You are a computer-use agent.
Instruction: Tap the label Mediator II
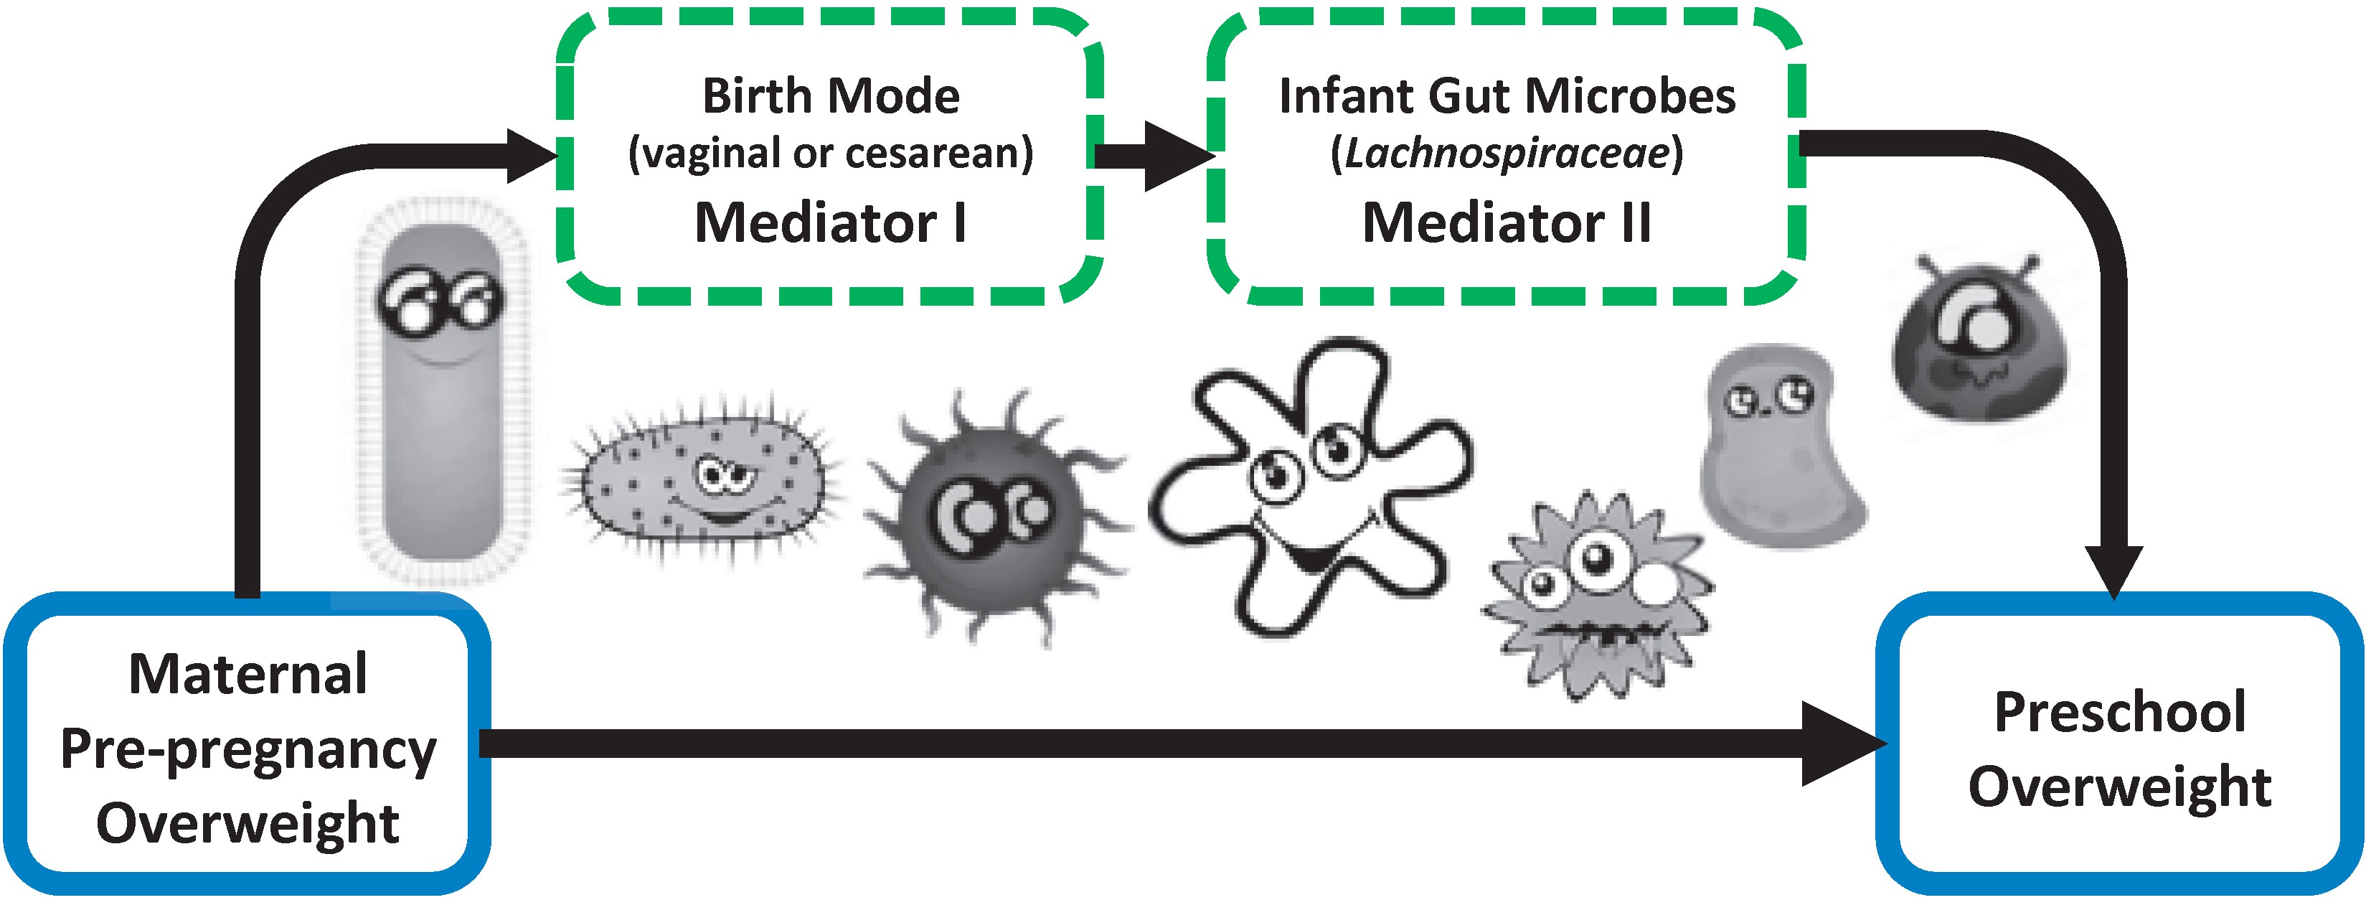tap(1507, 223)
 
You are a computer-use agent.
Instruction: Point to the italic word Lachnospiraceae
tap(1507, 154)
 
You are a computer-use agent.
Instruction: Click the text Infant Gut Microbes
tap(1507, 95)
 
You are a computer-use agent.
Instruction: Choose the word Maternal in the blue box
tap(248, 675)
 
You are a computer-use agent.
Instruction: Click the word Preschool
tap(2120, 712)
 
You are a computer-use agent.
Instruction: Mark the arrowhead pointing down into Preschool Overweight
tap(2113, 570)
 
